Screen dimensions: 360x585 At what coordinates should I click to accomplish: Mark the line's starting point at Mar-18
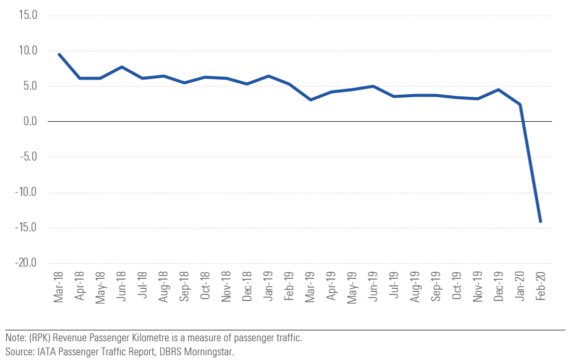(59, 54)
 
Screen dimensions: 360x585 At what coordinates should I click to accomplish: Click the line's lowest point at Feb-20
(541, 222)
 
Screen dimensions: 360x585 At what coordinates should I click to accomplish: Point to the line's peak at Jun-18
(122, 67)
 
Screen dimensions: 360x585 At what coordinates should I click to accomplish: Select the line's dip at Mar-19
(310, 99)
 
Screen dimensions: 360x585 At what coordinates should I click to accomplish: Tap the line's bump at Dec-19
(499, 89)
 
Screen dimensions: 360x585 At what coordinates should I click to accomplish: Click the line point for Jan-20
(520, 105)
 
